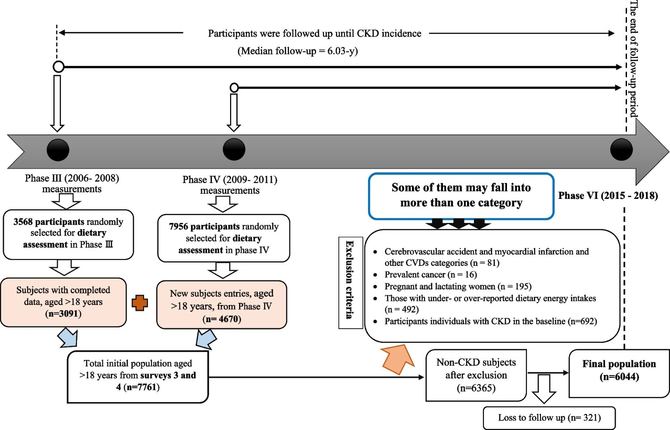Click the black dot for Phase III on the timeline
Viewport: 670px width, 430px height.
(58, 150)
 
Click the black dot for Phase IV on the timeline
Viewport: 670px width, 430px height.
(234, 149)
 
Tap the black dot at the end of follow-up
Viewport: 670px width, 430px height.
(621, 149)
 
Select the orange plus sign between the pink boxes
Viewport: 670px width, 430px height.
(140, 303)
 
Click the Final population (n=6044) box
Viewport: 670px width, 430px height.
(619, 373)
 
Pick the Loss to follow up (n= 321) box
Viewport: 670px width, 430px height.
(549, 418)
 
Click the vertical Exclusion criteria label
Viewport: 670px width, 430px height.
(350, 282)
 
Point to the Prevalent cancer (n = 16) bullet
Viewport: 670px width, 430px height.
(430, 274)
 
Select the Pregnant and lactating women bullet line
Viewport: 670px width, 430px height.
(458, 287)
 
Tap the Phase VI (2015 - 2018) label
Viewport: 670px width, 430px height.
(608, 196)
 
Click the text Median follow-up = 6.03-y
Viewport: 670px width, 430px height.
(298, 51)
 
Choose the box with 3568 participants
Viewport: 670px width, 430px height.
(68, 234)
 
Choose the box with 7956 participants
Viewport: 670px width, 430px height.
(224, 238)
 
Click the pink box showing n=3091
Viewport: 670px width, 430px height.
(63, 302)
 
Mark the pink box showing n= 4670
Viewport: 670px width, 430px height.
(221, 305)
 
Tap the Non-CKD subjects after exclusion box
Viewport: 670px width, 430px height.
(476, 375)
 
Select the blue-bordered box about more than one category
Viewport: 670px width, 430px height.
(461, 196)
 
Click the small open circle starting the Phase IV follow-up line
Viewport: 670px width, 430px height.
(234, 88)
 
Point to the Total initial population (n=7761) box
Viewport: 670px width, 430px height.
(138, 376)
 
